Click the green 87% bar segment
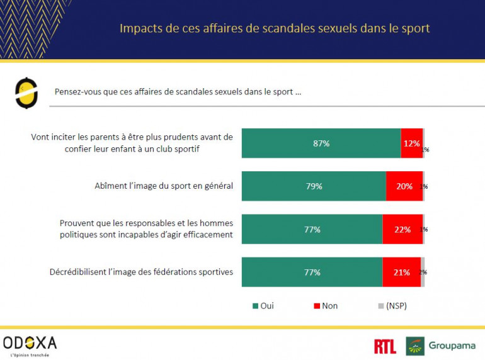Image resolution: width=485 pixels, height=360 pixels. click(x=321, y=143)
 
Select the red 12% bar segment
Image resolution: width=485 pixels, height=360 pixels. click(x=411, y=143)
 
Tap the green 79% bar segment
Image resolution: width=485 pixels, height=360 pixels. click(x=314, y=186)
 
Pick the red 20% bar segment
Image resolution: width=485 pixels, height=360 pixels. click(x=404, y=186)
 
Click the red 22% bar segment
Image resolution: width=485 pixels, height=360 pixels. click(x=402, y=230)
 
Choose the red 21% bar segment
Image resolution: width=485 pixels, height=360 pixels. click(x=401, y=273)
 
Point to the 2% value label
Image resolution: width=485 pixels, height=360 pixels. click(x=423, y=273)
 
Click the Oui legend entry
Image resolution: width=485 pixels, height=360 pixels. click(x=263, y=306)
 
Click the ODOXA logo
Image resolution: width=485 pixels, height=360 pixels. click(x=30, y=343)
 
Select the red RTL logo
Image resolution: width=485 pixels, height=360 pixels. click(x=385, y=346)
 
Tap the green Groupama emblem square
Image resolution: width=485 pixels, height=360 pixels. click(x=415, y=346)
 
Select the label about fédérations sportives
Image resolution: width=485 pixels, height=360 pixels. click(x=141, y=273)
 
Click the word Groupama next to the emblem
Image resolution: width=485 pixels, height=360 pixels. click(x=452, y=346)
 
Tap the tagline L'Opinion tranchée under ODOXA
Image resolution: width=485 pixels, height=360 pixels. click(x=26, y=355)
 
